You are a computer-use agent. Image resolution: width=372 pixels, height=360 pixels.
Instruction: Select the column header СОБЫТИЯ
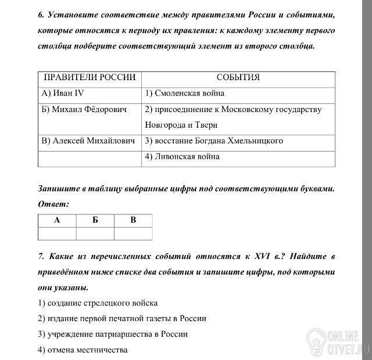click(238, 78)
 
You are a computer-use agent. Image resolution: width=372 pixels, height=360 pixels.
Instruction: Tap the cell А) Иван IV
click(64, 93)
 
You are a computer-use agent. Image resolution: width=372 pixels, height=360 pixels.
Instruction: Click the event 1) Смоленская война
click(185, 93)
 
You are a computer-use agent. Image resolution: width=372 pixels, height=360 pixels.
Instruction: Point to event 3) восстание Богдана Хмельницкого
click(214, 141)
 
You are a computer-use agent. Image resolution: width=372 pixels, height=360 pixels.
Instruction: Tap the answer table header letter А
click(57, 220)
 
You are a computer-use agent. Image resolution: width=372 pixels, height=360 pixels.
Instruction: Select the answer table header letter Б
click(95, 220)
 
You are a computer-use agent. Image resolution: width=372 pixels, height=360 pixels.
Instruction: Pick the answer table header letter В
click(133, 220)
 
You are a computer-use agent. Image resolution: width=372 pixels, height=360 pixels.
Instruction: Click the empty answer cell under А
click(57, 233)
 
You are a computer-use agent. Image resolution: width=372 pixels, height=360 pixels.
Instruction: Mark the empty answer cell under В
click(133, 233)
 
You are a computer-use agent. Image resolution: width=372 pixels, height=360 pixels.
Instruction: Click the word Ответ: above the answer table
click(53, 204)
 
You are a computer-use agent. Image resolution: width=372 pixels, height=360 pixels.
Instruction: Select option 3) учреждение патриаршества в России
click(113, 334)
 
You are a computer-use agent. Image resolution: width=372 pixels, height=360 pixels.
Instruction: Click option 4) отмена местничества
click(83, 350)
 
